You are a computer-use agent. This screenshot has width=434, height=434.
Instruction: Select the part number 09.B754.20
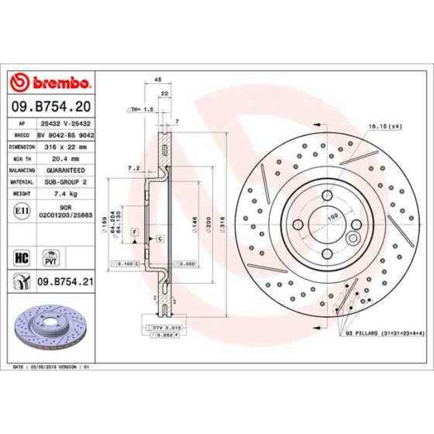pyautogui.click(x=52, y=106)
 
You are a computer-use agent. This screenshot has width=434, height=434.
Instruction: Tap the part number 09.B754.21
pyautogui.click(x=64, y=282)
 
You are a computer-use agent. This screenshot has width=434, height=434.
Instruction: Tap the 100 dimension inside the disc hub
pyautogui.click(x=332, y=217)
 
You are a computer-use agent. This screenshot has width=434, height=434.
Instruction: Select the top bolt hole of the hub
pyautogui.click(x=327, y=195)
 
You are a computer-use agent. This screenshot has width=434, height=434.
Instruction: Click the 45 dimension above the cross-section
pyautogui.click(x=158, y=79)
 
